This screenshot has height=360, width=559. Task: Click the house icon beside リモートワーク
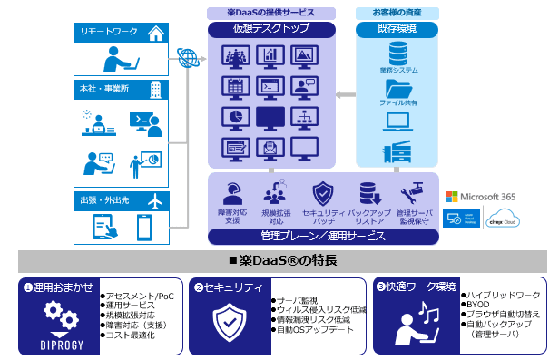pos(155,34)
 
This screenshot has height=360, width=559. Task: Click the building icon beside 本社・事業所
pos(155,90)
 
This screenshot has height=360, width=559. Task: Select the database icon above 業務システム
pos(397,52)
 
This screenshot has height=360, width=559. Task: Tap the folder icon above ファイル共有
pos(397,89)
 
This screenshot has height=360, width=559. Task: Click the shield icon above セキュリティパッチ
pos(324,194)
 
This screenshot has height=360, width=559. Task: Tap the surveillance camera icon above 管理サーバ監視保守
pos(415,192)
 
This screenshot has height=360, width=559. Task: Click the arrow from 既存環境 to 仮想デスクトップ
pos(343,93)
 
